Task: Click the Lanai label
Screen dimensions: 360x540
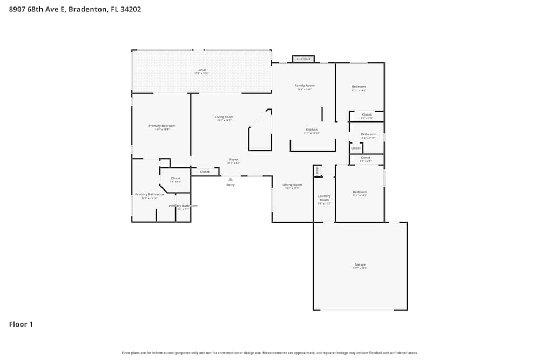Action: pos(201,70)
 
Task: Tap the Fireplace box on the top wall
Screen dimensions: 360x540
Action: pos(303,59)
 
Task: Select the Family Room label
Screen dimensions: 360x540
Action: pos(305,86)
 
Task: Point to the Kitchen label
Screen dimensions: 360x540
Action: pos(312,130)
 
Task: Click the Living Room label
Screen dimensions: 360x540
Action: pos(224,117)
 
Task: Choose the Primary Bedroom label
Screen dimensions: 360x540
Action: pos(162,126)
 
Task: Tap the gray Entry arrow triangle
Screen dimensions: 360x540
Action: pos(231,179)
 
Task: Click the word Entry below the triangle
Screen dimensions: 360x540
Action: pos(231,185)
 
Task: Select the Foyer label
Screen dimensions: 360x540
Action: pos(234,159)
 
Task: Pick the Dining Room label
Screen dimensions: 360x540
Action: pos(293,185)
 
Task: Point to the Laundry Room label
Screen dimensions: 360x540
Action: pos(324,198)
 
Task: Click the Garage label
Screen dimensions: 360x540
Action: pos(360,264)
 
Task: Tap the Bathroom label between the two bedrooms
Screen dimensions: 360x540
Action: pos(369,134)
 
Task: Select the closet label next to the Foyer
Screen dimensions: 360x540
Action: pos(205,172)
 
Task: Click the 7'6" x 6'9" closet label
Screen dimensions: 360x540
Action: pos(175,179)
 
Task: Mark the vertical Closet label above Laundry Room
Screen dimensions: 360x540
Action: pos(318,171)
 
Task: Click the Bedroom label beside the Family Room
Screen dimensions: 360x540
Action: pos(359,87)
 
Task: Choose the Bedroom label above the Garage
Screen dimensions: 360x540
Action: pos(360,192)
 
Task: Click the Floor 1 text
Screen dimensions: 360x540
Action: pos(21,324)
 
